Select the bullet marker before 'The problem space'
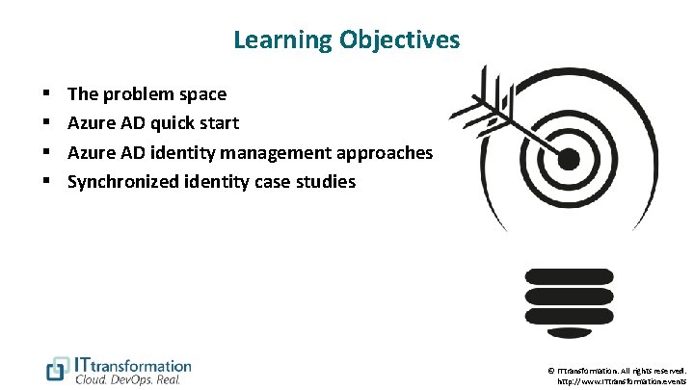click(x=46, y=94)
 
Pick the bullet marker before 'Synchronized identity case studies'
click(x=46, y=181)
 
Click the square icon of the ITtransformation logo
click(x=58, y=369)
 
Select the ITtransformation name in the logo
click(x=133, y=365)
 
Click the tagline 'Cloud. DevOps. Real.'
click(x=127, y=380)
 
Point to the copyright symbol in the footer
click(x=550, y=370)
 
